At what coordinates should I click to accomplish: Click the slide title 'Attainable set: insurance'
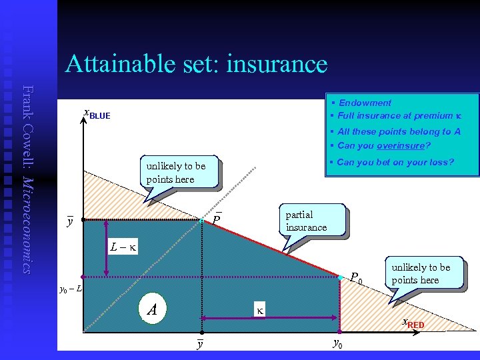196,65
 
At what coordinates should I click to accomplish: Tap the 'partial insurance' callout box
306,221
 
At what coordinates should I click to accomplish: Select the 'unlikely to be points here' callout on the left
176,173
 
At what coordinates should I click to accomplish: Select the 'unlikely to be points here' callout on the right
421,273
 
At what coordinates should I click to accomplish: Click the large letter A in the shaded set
152,309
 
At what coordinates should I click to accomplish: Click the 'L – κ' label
123,247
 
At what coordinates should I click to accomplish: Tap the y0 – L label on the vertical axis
71,289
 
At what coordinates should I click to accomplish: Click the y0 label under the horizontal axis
338,344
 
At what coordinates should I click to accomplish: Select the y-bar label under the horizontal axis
200,344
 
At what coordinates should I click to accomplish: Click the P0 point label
356,278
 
